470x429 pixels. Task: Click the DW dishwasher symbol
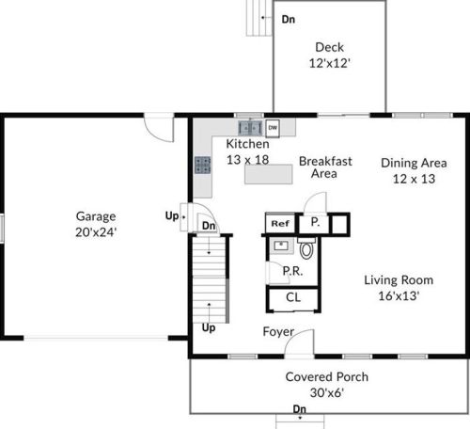(273, 128)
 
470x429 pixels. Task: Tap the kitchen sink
(250, 128)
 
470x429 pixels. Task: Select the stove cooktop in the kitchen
(203, 165)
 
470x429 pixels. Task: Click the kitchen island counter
(269, 174)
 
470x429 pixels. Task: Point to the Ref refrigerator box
(280, 223)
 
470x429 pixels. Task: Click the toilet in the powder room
(306, 248)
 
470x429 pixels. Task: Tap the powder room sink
(282, 246)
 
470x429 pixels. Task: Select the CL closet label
(293, 297)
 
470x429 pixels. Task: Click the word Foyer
(278, 332)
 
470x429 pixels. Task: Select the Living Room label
(399, 280)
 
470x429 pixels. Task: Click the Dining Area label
(414, 163)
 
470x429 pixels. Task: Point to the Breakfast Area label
(325, 167)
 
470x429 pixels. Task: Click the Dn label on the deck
(289, 19)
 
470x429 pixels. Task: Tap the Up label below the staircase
(209, 328)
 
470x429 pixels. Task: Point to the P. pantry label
(315, 222)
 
